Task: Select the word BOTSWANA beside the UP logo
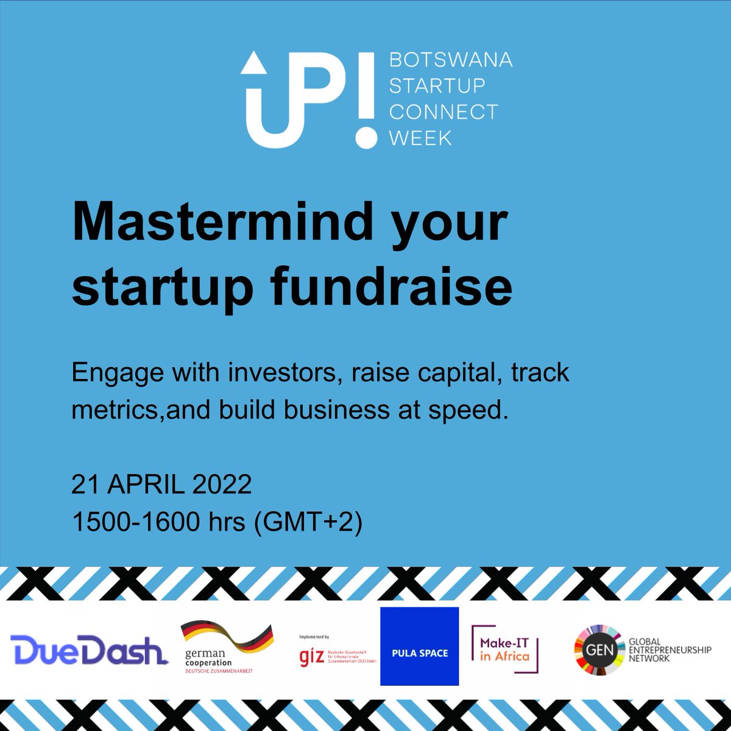pos(450,60)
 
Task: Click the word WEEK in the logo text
pos(420,138)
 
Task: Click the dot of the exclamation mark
pos(365,136)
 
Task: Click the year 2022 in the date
pos(222,485)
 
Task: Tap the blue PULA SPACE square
pos(419,646)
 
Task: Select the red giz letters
pos(312,657)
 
